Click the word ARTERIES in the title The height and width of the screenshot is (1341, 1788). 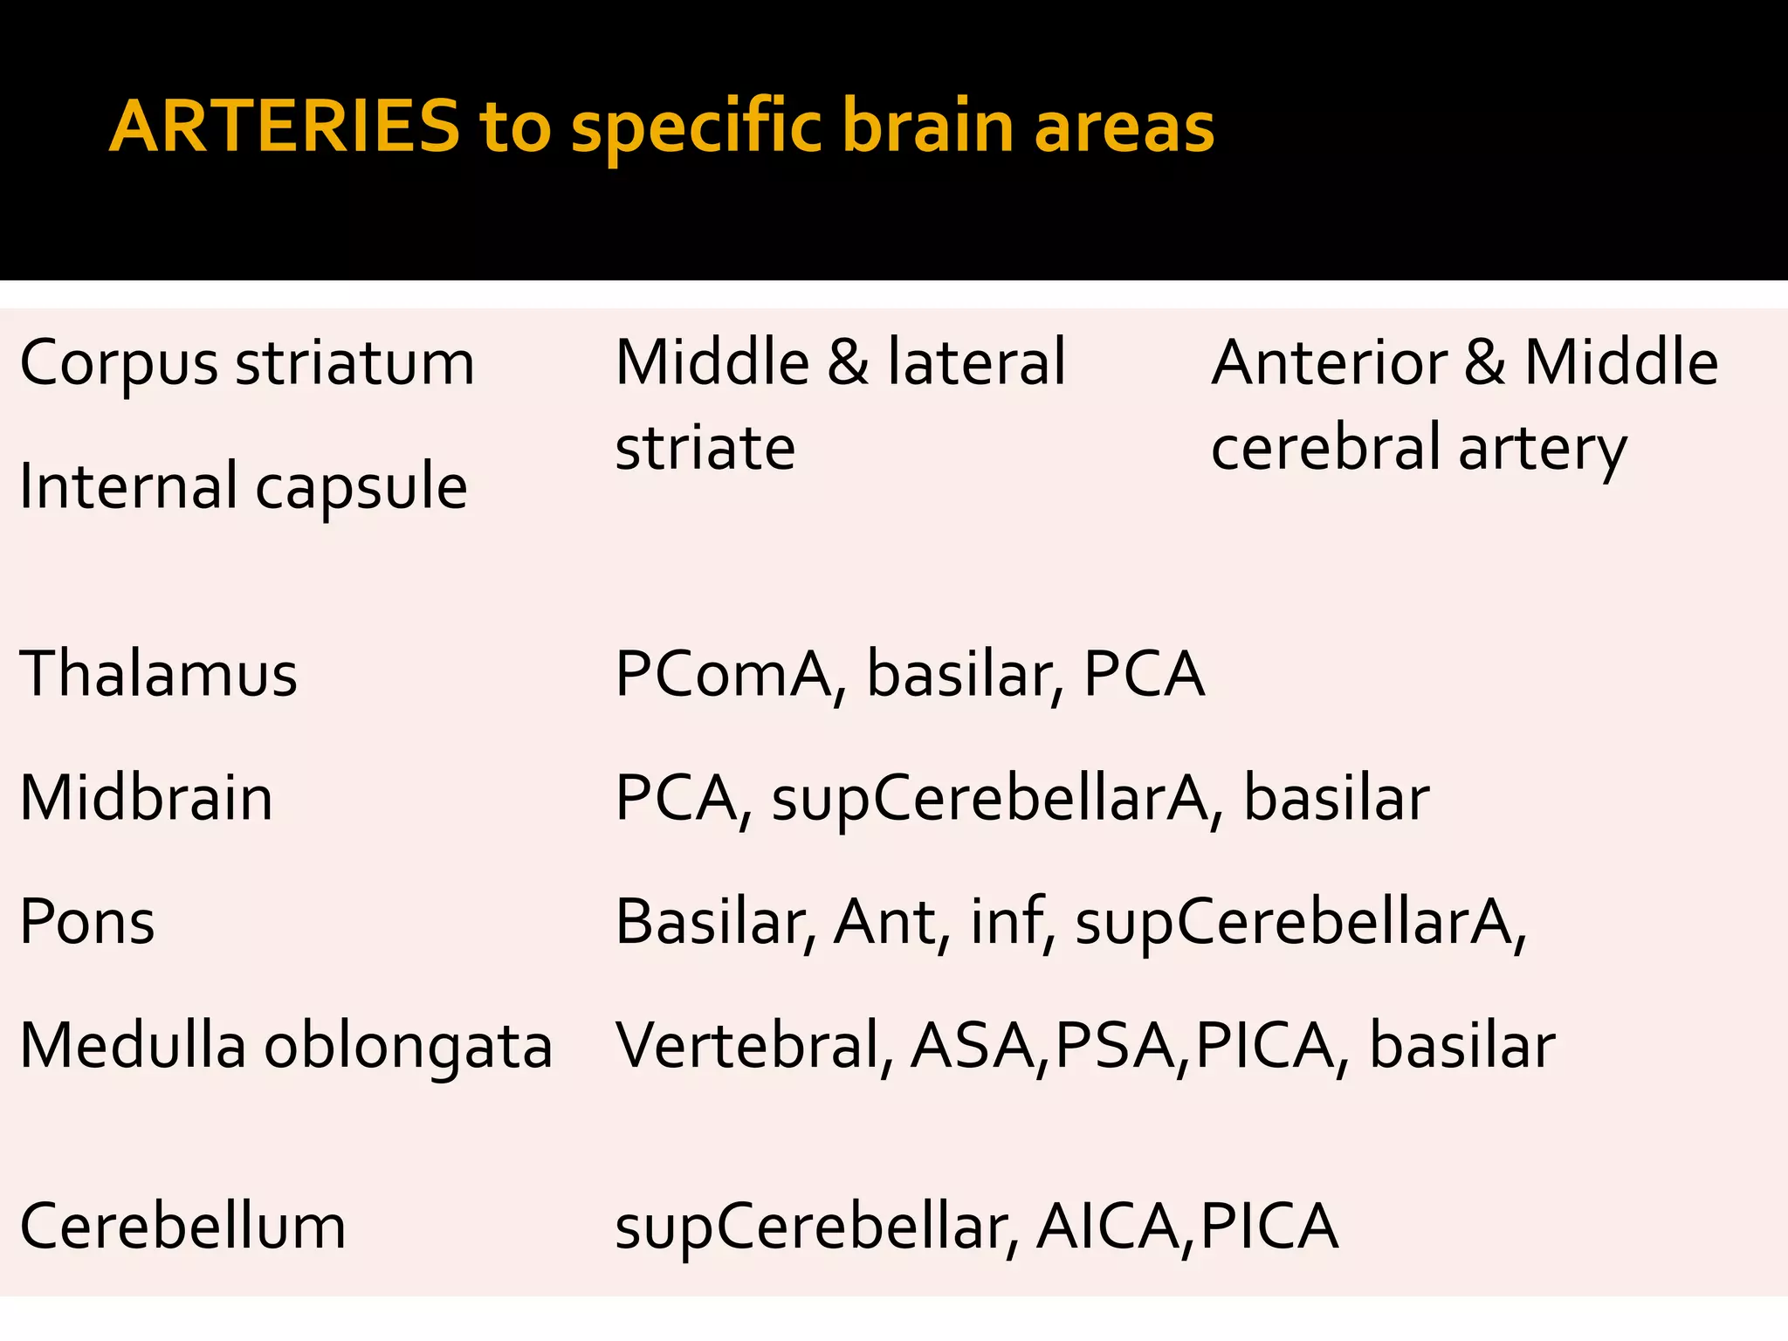[x=285, y=127]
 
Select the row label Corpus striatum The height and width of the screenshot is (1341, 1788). [x=247, y=363]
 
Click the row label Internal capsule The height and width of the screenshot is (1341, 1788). [x=244, y=486]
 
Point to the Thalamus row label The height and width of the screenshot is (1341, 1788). [x=159, y=674]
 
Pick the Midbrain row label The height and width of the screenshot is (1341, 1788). [x=147, y=798]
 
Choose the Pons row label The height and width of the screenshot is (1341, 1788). [x=87, y=922]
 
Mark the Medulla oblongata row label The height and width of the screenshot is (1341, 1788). [x=286, y=1046]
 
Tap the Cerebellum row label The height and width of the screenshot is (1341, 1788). [x=183, y=1226]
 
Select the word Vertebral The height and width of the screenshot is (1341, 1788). [x=754, y=1046]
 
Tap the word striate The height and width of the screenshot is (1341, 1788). [x=705, y=448]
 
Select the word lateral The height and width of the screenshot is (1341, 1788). [x=977, y=363]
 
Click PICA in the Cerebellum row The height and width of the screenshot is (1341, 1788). [x=1269, y=1226]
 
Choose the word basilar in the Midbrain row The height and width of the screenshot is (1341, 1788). [x=1337, y=798]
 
